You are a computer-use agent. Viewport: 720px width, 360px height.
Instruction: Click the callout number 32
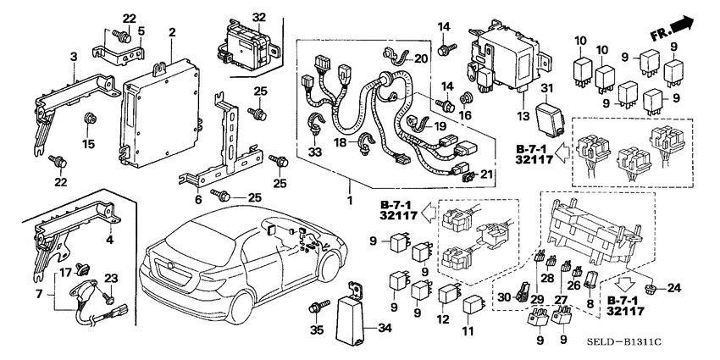coord(258,17)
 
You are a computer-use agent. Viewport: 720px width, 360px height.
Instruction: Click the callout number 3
coord(74,55)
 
